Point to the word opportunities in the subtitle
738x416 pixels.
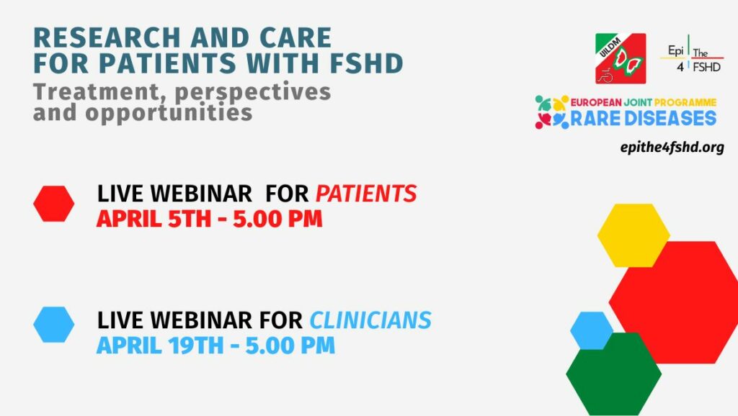click(169, 114)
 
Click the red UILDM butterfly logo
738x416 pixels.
click(621, 58)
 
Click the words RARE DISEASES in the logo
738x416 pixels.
click(644, 119)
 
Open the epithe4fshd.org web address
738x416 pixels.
click(672, 148)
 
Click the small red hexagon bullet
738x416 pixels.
click(53, 204)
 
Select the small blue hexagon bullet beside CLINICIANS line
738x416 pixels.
click(53, 325)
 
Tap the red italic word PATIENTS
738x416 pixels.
click(365, 194)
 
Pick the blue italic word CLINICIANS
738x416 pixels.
click(370, 320)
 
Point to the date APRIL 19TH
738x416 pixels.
click(160, 346)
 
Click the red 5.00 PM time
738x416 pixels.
click(277, 219)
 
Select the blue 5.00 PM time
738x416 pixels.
click(290, 346)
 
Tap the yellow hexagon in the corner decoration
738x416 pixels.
click(633, 235)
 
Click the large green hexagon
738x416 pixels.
click(614, 374)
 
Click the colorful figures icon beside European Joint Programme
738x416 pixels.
click(551, 112)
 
